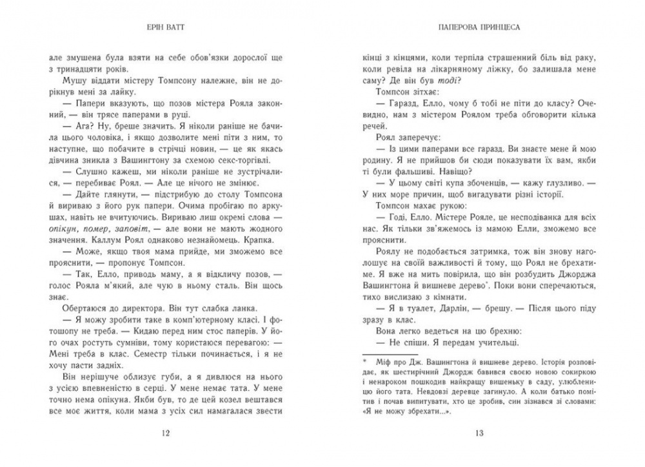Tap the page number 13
click(x=479, y=432)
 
